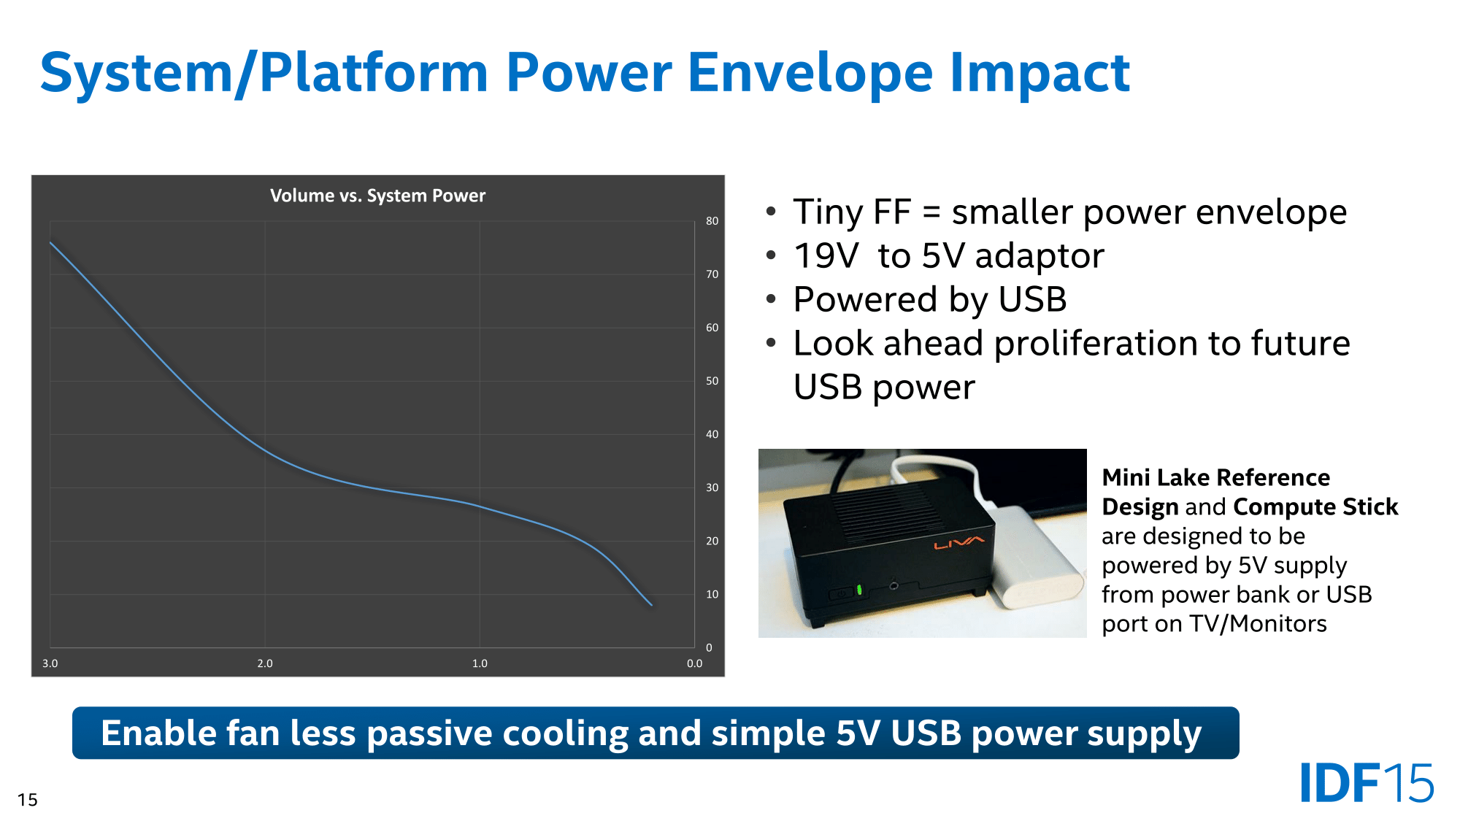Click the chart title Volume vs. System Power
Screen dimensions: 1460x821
(x=377, y=196)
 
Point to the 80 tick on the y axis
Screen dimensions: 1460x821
(x=712, y=221)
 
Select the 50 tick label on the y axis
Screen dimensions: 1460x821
(x=712, y=381)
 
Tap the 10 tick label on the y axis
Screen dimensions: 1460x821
(x=712, y=594)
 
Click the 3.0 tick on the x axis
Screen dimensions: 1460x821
(x=50, y=663)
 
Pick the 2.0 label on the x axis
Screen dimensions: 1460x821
(x=265, y=663)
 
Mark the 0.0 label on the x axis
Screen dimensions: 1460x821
(x=694, y=663)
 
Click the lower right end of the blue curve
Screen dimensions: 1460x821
(x=652, y=605)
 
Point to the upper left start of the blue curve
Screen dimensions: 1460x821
(x=50, y=242)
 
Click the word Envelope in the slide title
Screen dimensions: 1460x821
(x=810, y=73)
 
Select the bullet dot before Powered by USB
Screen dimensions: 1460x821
(x=771, y=299)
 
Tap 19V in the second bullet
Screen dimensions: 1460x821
(x=826, y=256)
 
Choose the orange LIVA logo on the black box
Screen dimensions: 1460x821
(x=959, y=543)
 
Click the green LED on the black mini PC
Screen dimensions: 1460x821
(x=859, y=589)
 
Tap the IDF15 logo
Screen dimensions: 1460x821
(x=1367, y=782)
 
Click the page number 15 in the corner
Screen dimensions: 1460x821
(x=28, y=800)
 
